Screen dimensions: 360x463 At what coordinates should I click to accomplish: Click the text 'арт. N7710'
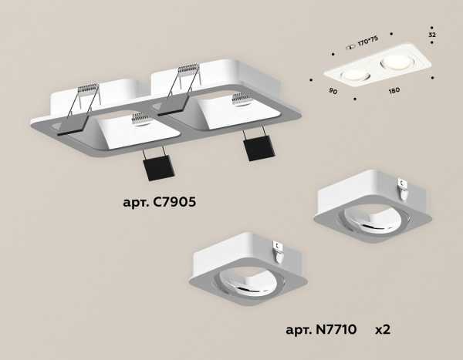click(x=323, y=330)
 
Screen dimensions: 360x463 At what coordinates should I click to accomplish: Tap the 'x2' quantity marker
click(x=383, y=330)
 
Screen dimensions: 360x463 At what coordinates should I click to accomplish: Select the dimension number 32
click(x=432, y=35)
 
